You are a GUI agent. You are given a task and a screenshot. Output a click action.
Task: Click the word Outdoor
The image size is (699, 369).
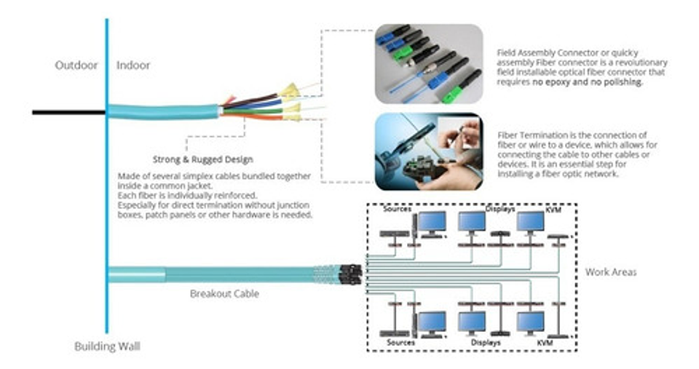pos(76,66)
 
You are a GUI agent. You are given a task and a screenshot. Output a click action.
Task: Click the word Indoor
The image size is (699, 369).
pos(133,66)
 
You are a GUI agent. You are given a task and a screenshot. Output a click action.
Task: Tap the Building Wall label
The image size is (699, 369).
pos(107,346)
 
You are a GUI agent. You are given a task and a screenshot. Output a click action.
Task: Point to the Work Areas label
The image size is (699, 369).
pos(611,272)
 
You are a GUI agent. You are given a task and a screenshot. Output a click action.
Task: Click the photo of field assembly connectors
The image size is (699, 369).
pos(428,64)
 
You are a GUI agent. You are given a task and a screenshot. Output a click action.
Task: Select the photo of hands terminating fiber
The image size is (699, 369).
pos(428,151)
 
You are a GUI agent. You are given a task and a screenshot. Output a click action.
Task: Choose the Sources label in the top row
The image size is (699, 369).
pos(398,210)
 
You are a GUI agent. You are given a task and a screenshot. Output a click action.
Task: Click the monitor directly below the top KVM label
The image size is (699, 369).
pos(531,223)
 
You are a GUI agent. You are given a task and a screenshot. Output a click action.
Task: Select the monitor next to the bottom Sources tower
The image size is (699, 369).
pos(432,322)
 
